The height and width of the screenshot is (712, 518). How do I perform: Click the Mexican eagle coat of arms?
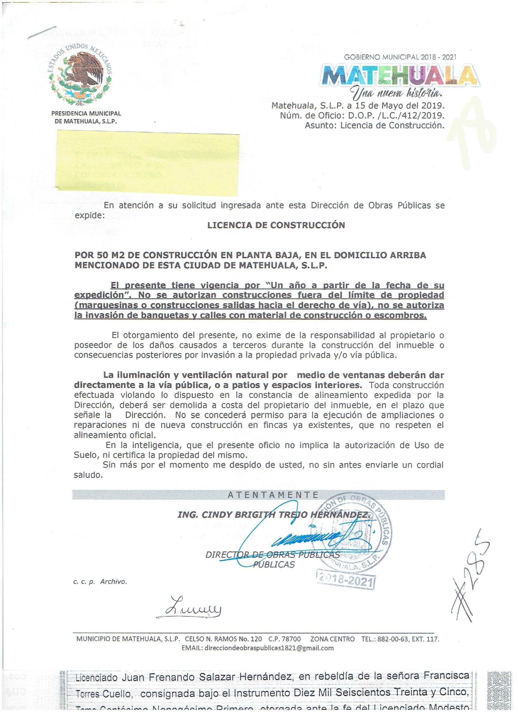click(81, 75)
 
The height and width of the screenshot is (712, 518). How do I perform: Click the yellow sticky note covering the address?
click(148, 161)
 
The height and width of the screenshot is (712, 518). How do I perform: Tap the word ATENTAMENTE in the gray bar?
click(273, 495)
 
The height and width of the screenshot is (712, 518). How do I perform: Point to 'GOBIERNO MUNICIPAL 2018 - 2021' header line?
click(400, 58)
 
